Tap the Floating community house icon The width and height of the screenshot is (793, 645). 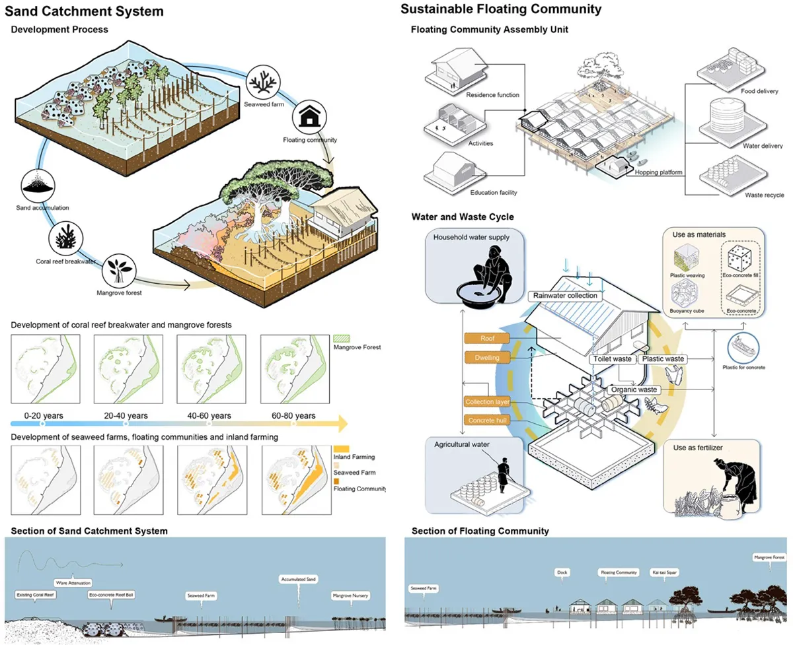(309, 119)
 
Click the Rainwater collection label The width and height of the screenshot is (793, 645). (566, 296)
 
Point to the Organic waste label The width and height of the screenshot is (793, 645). (633, 390)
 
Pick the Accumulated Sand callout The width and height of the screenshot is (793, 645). (298, 579)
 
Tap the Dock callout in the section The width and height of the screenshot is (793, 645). (562, 572)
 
